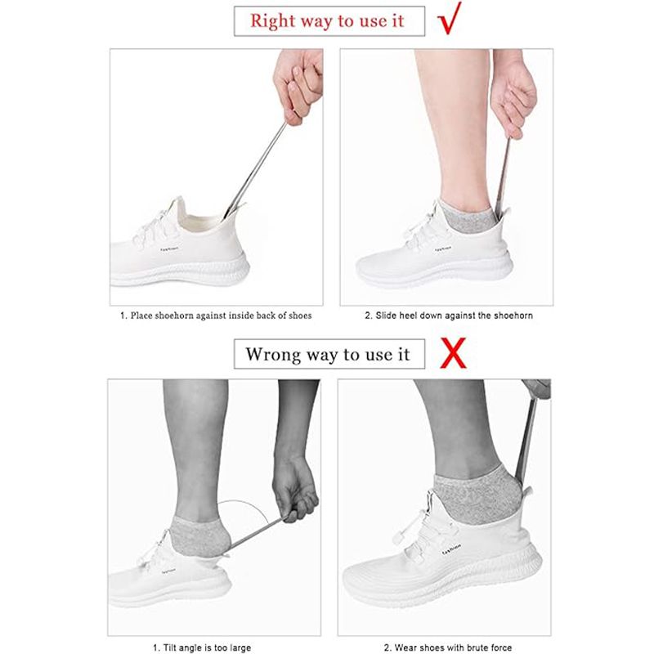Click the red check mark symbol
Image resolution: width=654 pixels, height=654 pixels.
(x=449, y=20)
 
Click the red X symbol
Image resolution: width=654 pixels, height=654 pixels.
(x=453, y=353)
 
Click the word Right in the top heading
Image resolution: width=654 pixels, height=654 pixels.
(x=273, y=21)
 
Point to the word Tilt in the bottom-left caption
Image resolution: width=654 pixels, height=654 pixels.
(x=170, y=647)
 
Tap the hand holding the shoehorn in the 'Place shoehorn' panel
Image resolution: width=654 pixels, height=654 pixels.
(x=298, y=86)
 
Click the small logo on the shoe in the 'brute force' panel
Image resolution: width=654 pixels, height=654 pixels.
(x=452, y=549)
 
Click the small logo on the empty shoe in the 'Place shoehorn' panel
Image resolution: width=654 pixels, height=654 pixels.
(x=169, y=249)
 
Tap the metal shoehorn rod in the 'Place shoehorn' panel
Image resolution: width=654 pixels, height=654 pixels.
(x=255, y=170)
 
